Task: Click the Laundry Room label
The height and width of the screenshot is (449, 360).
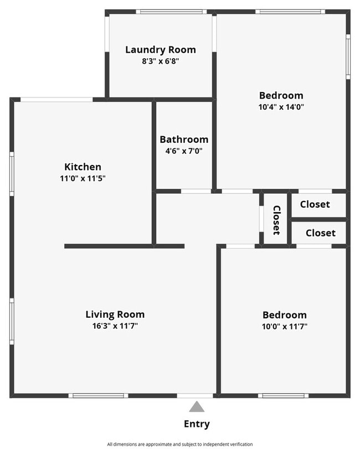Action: click(x=160, y=50)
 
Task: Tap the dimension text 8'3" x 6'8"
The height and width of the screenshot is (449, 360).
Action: click(x=160, y=61)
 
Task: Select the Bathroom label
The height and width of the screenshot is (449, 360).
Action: click(x=184, y=140)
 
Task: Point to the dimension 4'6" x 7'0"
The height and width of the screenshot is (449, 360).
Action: click(x=184, y=151)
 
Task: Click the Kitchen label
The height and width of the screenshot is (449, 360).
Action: click(x=83, y=167)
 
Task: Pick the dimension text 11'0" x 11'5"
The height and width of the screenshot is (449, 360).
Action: click(x=83, y=178)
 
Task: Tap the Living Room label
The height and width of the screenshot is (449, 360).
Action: click(x=115, y=314)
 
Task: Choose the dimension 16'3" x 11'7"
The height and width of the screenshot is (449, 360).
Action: click(x=115, y=326)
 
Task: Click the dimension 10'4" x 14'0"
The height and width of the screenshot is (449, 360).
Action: click(x=281, y=107)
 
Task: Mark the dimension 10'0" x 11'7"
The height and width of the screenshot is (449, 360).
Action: click(x=285, y=327)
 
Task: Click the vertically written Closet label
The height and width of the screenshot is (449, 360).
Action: click(x=276, y=220)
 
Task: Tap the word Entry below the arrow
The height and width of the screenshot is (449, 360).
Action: click(x=197, y=425)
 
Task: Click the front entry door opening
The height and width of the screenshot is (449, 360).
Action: click(x=194, y=395)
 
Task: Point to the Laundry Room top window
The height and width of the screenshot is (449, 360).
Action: click(x=171, y=12)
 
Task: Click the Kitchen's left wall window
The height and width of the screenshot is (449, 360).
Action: click(x=12, y=174)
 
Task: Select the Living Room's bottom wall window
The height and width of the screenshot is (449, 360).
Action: click(x=99, y=395)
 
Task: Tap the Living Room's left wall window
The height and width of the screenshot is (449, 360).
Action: click(x=12, y=322)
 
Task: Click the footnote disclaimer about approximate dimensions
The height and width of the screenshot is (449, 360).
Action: click(x=180, y=444)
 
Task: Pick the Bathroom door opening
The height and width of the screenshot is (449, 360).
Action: click(x=196, y=192)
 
